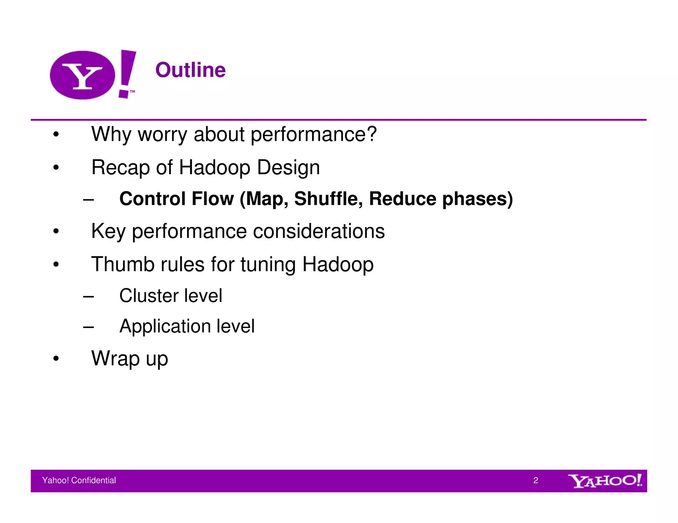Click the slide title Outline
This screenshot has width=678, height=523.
[190, 70]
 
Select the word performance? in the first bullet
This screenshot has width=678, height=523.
[314, 135]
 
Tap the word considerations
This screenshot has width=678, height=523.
[319, 231]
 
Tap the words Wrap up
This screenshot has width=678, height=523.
[130, 359]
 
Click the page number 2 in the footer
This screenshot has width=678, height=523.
[535, 480]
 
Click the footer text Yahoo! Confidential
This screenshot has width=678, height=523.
[79, 480]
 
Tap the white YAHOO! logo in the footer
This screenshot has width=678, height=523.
[605, 481]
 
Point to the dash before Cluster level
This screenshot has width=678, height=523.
[88, 296]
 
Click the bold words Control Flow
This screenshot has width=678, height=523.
[176, 199]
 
